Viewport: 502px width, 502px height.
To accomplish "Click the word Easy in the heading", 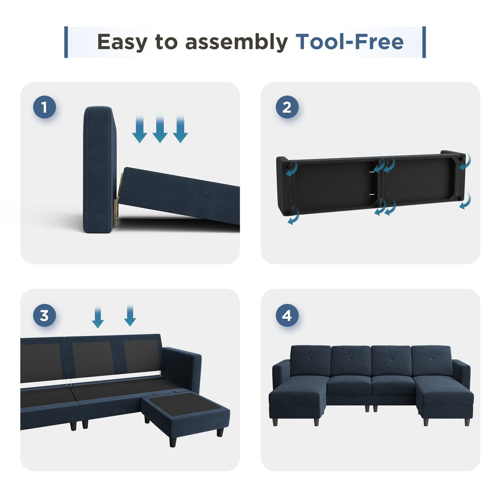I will pyautogui.click(x=122, y=42).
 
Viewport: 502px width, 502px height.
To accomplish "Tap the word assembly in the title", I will pyautogui.click(x=236, y=42).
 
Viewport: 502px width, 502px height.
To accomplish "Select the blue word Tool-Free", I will pyautogui.click(x=349, y=42).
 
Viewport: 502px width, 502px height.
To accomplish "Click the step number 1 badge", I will pyautogui.click(x=44, y=108).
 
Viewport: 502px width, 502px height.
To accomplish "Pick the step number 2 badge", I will pyautogui.click(x=287, y=108).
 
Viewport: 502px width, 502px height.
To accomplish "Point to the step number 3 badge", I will pyautogui.click(x=44, y=316).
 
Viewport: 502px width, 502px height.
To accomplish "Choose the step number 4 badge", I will pyautogui.click(x=287, y=316).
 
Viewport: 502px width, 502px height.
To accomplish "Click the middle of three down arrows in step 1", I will pyautogui.click(x=160, y=129).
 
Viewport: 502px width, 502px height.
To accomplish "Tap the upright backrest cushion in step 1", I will pyautogui.click(x=99, y=170).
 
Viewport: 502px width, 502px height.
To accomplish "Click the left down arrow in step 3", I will pyautogui.click(x=98, y=318).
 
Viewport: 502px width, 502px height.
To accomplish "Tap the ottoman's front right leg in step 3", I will pyautogui.click(x=220, y=432).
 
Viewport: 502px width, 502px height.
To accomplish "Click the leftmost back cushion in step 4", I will pyautogui.click(x=310, y=361).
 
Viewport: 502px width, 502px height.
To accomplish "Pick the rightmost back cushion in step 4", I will pyautogui.click(x=431, y=361).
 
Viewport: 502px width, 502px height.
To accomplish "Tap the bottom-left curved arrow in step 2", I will pyautogui.click(x=293, y=217).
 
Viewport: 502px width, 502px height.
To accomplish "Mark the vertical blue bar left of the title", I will pyautogui.click(x=66, y=42).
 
